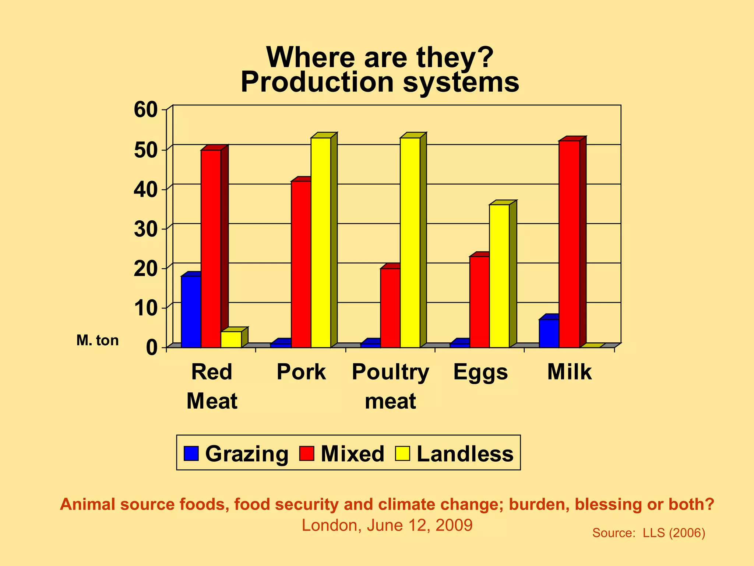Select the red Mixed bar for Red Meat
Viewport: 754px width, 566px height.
[x=211, y=249]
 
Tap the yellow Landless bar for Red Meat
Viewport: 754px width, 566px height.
[x=231, y=339]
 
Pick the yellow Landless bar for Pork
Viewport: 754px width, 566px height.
[x=321, y=242]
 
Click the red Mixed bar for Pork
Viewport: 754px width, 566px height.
[x=301, y=264]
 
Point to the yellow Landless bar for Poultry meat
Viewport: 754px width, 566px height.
[x=410, y=242]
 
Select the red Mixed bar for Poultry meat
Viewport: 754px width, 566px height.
[x=390, y=308]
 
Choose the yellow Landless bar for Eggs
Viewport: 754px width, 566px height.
[x=499, y=276]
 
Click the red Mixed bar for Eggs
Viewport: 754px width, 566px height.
[x=479, y=302]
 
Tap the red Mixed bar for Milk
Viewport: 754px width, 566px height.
[x=569, y=244]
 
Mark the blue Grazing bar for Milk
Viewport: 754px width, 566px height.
[x=549, y=333]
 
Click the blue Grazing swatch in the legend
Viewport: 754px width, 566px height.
[x=191, y=453]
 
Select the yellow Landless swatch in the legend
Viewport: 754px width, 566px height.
[x=402, y=453]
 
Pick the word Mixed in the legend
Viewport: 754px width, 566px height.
[x=352, y=454]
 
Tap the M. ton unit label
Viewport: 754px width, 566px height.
[x=98, y=340]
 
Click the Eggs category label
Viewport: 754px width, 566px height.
[x=480, y=372]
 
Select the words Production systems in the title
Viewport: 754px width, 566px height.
[x=380, y=82]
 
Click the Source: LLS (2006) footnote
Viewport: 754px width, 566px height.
[x=648, y=533]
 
